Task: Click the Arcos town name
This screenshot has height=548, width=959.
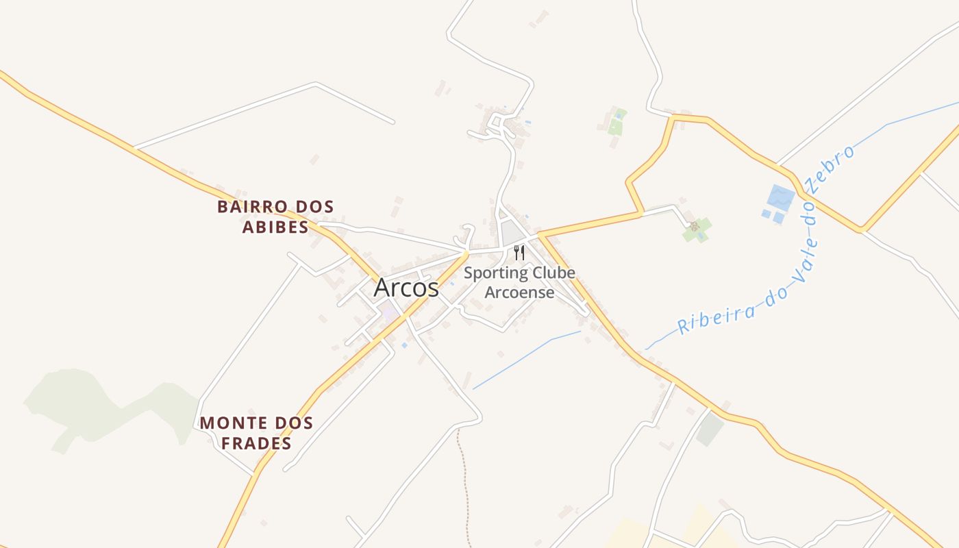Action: point(406,288)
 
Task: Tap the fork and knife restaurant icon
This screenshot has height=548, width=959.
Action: point(519,253)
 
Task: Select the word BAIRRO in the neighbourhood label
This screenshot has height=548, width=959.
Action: point(247,206)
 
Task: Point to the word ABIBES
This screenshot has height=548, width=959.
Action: point(275,227)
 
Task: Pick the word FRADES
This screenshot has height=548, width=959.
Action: point(256,443)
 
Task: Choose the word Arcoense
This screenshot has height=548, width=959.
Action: point(519,292)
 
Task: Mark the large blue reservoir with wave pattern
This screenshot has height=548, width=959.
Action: point(780,197)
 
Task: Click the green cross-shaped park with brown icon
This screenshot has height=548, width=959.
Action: point(697,229)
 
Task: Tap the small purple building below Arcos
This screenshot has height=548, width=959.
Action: point(390,314)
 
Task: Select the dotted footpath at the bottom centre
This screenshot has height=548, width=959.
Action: point(464,480)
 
